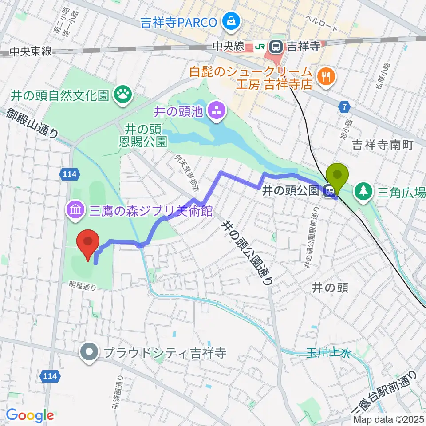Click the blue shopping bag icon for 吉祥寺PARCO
pyautogui.click(x=231, y=20)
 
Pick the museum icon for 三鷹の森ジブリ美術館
pyautogui.click(x=75, y=209)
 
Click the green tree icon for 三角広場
pyautogui.click(x=363, y=191)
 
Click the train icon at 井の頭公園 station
pyautogui.click(x=329, y=191)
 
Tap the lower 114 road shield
pyautogui.click(x=50, y=376)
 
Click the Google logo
pyautogui.click(x=30, y=415)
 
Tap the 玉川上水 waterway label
pyautogui.click(x=328, y=353)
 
